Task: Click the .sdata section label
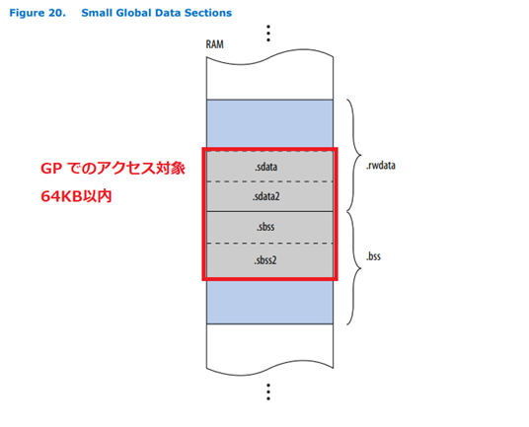pyautogui.click(x=266, y=167)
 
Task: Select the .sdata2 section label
pyautogui.click(x=266, y=196)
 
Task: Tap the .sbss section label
pyautogui.click(x=265, y=227)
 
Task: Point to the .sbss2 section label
pyautogui.click(x=265, y=259)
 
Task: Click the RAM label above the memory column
pyautogui.click(x=214, y=44)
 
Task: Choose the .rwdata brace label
pyautogui.click(x=381, y=165)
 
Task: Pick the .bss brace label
pyautogui.click(x=373, y=256)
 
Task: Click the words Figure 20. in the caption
pyautogui.click(x=38, y=13)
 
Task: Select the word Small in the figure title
pyautogui.click(x=97, y=13)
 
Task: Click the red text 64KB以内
pyautogui.click(x=76, y=196)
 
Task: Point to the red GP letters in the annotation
pyautogui.click(x=51, y=169)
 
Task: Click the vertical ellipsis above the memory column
pyautogui.click(x=268, y=33)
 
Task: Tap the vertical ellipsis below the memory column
pyautogui.click(x=268, y=391)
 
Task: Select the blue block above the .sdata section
pyautogui.click(x=269, y=123)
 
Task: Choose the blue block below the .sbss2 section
pyautogui.click(x=269, y=302)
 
